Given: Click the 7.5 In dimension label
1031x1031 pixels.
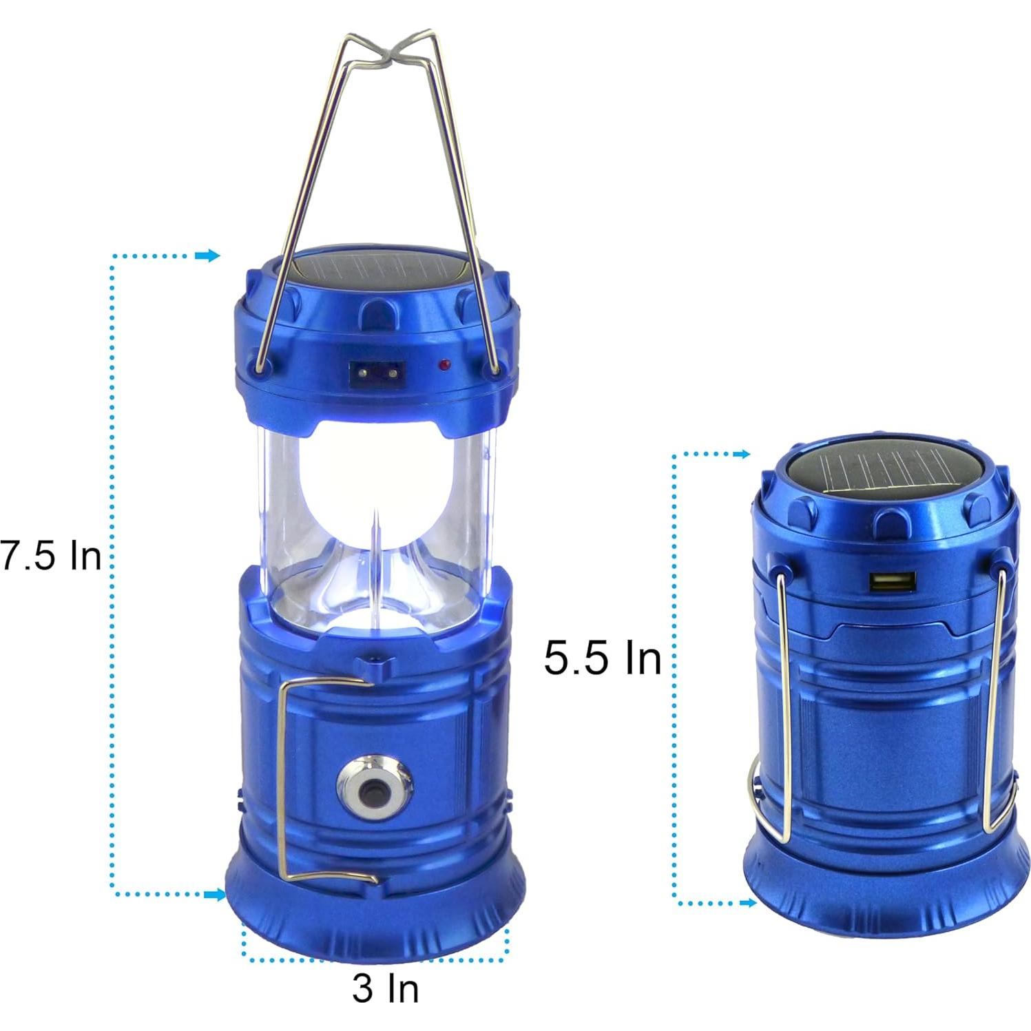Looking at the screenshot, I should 52,555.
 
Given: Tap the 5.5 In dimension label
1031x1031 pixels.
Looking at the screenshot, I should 602,658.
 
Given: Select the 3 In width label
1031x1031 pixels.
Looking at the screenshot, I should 385,988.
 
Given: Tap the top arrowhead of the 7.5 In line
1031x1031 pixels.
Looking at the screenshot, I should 207,256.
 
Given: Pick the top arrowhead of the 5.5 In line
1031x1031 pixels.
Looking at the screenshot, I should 742,455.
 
